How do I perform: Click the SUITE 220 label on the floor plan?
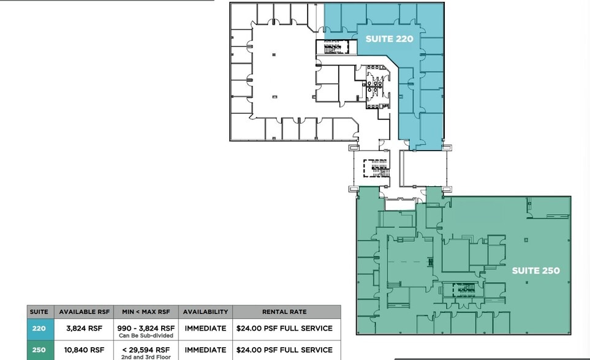[x=389, y=39]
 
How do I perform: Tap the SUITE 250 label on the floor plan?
[x=535, y=271]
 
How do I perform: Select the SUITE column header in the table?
[x=39, y=312]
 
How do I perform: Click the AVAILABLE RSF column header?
[x=84, y=312]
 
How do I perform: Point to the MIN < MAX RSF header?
[x=145, y=312]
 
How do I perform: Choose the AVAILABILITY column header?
[x=205, y=312]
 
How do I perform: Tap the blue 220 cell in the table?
[x=39, y=329]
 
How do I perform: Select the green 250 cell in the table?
[x=39, y=350]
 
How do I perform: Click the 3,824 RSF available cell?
[x=84, y=329]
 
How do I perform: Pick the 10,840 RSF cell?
[x=84, y=350]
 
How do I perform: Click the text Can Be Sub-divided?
[x=145, y=336]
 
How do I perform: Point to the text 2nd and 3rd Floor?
[x=145, y=356]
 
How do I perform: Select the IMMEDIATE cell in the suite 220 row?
[x=205, y=329]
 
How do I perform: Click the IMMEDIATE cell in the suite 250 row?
[x=205, y=350]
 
